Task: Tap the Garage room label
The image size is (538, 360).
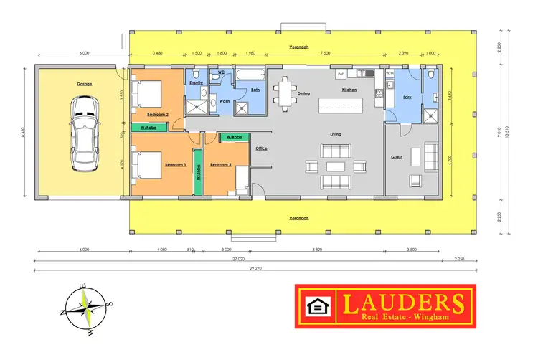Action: pyautogui.click(x=85, y=84)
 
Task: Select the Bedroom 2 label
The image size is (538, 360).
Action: pyautogui.click(x=158, y=115)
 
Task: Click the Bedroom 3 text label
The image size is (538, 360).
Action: pyautogui.click(x=220, y=165)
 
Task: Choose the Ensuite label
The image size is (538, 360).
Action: pyautogui.click(x=196, y=82)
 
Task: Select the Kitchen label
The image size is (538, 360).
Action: pyautogui.click(x=349, y=90)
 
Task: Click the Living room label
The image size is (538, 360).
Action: pyautogui.click(x=334, y=133)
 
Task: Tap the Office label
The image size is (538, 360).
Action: pyautogui.click(x=261, y=148)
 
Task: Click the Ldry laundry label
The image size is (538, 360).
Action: pyautogui.click(x=407, y=97)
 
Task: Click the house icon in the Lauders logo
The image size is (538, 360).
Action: pyautogui.click(x=316, y=307)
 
